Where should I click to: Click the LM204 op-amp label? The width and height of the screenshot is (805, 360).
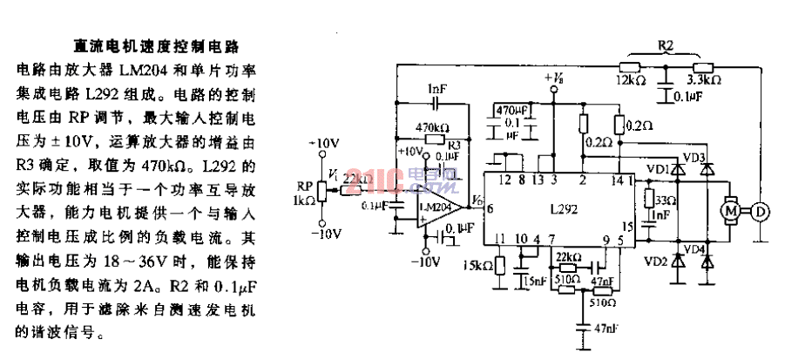click(x=433, y=207)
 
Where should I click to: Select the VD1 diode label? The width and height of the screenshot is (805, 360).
click(x=658, y=169)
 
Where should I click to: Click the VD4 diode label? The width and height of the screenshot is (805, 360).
click(x=694, y=250)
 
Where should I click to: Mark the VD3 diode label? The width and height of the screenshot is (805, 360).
click(x=694, y=157)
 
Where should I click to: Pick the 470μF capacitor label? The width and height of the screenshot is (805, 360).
click(x=511, y=112)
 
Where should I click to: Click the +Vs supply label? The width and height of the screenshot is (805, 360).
click(x=553, y=79)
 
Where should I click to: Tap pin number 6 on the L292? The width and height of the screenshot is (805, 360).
click(x=490, y=208)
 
